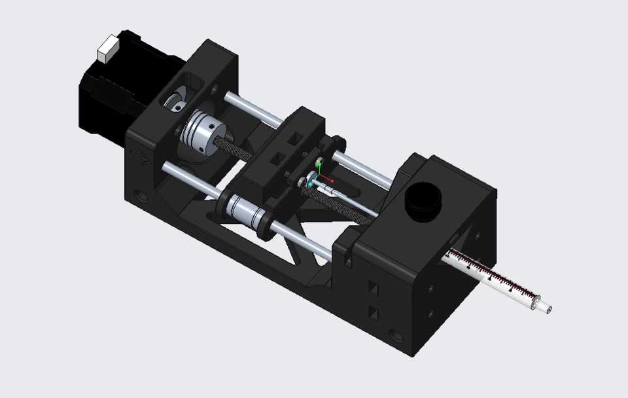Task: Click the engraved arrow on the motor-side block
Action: tap(139, 156)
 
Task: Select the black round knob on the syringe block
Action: tap(422, 200)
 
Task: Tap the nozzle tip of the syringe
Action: tap(547, 309)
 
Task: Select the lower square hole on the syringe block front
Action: tap(374, 313)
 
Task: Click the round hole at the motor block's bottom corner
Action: tap(140, 196)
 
